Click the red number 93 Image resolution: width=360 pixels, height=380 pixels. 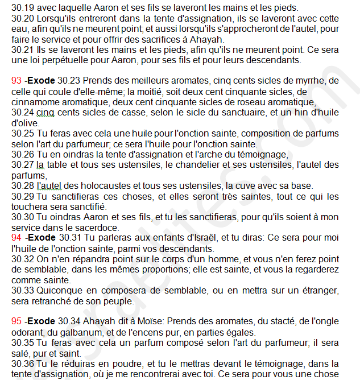(16, 81)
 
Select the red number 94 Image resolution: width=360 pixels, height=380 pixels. (16, 238)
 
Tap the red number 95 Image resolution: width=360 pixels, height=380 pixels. (16, 322)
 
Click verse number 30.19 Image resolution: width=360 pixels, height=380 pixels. (22, 8)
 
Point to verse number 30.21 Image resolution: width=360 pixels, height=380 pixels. (22, 49)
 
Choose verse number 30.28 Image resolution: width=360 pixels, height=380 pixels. (22, 185)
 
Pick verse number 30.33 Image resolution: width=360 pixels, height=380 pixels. (22, 291)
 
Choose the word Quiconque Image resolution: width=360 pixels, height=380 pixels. (59, 291)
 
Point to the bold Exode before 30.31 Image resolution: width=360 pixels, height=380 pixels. (42, 238)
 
